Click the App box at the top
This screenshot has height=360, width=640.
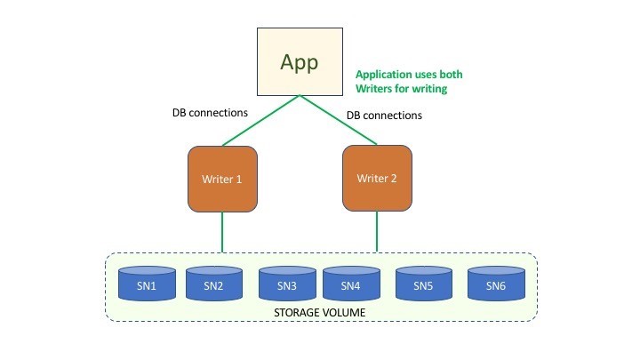[300, 61]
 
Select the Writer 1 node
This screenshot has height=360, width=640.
[221, 179]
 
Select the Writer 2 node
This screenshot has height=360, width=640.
[376, 178]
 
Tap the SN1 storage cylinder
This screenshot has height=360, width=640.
[147, 284]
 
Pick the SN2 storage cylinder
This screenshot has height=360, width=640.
[213, 284]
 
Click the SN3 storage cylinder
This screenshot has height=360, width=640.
[286, 284]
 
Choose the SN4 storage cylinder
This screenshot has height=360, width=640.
[349, 284]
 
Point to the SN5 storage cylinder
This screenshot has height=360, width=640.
[424, 284]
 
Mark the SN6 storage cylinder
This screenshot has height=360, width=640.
[495, 284]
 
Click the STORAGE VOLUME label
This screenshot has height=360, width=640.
[320, 313]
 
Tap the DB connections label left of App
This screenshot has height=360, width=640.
[210, 114]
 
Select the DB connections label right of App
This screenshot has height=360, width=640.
[384, 116]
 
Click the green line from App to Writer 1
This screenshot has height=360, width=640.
[260, 121]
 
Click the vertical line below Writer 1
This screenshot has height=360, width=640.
[221, 233]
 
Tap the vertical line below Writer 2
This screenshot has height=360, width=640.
[376, 232]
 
